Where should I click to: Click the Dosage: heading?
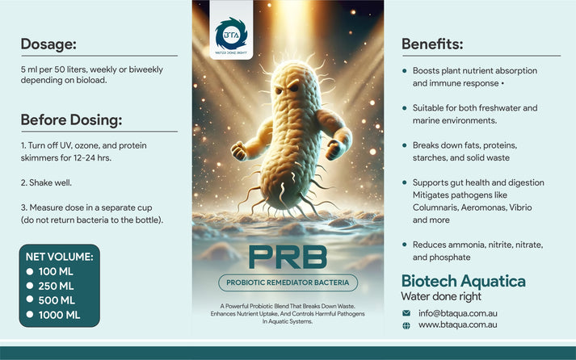(48, 44)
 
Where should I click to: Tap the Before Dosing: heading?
(71, 120)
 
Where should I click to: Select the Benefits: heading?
(432, 44)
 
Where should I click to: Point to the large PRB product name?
(288, 257)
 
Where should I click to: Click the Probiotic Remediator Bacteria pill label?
(288, 283)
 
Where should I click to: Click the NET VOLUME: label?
(59, 257)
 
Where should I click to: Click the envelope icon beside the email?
(406, 312)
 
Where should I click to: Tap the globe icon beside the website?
(406, 324)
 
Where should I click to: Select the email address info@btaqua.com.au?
(458, 312)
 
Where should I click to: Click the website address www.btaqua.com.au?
(457, 324)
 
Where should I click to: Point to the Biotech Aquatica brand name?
(463, 281)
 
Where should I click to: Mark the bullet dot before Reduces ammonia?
(405, 244)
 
